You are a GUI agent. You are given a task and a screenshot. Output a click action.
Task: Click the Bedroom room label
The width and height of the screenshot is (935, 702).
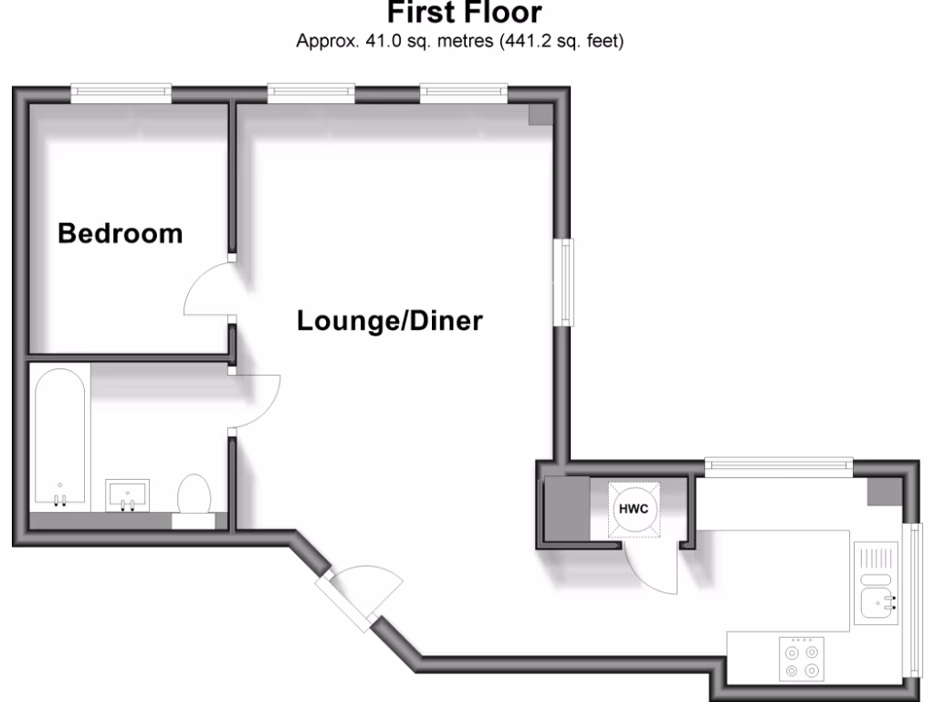point(120,233)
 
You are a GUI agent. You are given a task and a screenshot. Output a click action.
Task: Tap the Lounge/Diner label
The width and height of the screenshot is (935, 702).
point(389,321)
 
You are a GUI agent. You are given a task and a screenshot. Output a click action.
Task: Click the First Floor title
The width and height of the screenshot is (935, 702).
point(465,13)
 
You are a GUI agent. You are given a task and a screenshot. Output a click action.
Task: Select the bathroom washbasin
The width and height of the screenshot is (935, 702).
point(128,494)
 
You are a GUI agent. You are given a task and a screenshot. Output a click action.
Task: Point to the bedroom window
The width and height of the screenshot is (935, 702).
point(121,91)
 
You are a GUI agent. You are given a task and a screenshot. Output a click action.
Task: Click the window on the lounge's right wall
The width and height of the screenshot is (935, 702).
point(567,282)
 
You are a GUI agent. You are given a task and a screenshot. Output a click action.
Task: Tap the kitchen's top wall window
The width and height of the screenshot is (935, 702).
point(779,466)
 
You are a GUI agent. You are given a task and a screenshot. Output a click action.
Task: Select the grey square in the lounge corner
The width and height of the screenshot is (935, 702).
point(540,113)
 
